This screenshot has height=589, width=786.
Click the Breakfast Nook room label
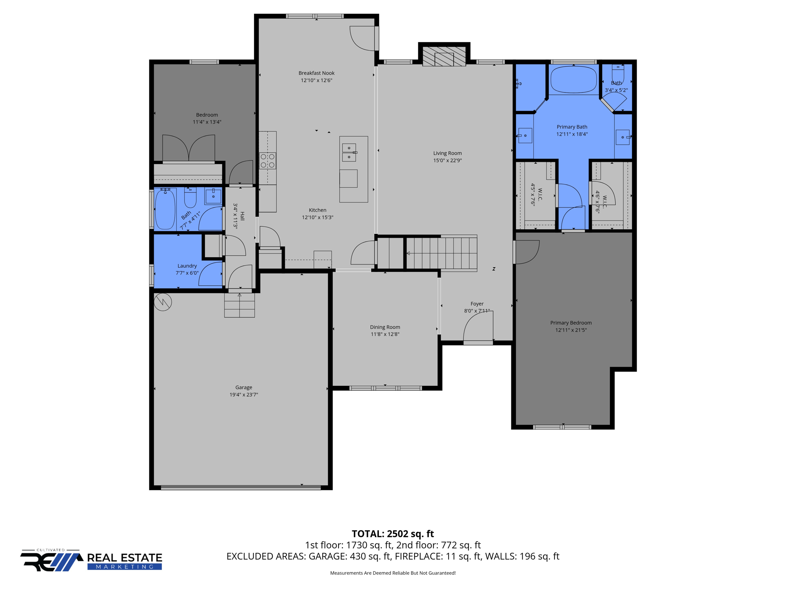[316, 73]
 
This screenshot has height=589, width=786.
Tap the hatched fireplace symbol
[444, 56]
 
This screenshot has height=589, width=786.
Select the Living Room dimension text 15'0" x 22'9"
[447, 160]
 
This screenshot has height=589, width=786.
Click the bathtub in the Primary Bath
[573, 79]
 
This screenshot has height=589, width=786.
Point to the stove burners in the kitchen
[268, 161]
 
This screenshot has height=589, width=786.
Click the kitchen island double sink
[349, 153]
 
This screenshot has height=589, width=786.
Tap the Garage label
[244, 387]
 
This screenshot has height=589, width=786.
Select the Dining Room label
[385, 327]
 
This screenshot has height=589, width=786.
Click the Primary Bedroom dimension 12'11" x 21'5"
[571, 330]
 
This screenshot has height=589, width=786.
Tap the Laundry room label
[187, 266]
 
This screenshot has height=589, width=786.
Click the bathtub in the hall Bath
[165, 209]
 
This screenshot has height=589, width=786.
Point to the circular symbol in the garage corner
[163, 302]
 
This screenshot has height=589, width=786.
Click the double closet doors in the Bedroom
[188, 148]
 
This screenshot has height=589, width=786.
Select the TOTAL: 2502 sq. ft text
[393, 534]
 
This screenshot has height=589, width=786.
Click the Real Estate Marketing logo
[91, 561]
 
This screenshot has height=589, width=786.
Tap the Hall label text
[242, 216]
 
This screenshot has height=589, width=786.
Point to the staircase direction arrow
[408, 253]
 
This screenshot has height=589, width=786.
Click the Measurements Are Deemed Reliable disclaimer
[393, 573]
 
